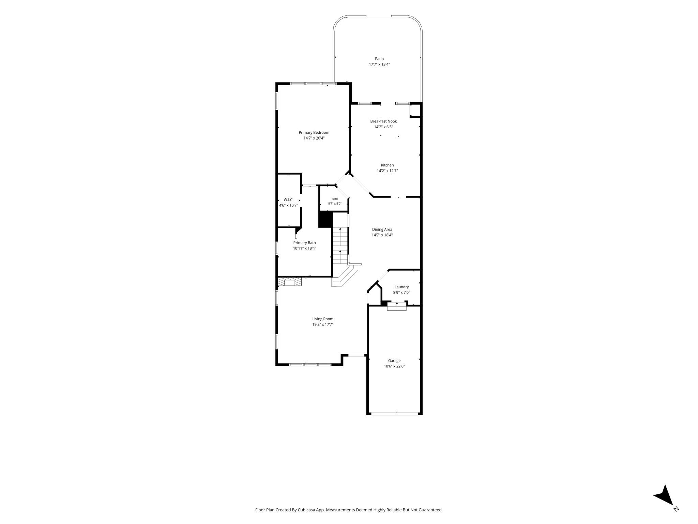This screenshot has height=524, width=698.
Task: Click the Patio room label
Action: point(379,59)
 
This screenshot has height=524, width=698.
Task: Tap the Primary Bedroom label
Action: point(314,132)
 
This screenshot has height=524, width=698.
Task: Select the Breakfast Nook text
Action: point(383,121)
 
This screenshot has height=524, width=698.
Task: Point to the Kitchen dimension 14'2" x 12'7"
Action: point(387,171)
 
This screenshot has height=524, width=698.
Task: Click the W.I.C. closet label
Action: point(288,200)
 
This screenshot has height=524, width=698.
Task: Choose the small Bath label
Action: point(335,199)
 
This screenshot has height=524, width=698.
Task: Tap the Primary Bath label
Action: point(304,243)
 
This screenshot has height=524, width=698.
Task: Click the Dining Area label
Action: point(382,229)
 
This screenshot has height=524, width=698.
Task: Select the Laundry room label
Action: point(401,287)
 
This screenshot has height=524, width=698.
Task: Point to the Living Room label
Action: point(323,319)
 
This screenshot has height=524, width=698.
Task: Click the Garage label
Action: point(394,361)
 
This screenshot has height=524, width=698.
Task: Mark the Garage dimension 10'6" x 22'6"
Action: point(394,366)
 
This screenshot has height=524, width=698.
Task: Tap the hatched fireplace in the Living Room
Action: point(290,281)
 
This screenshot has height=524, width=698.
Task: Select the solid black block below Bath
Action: point(325,219)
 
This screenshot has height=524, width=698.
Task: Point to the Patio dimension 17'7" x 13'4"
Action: point(379,64)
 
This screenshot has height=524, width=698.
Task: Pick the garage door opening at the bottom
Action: point(395,414)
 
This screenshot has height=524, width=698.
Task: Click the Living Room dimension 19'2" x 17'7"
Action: point(323,324)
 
